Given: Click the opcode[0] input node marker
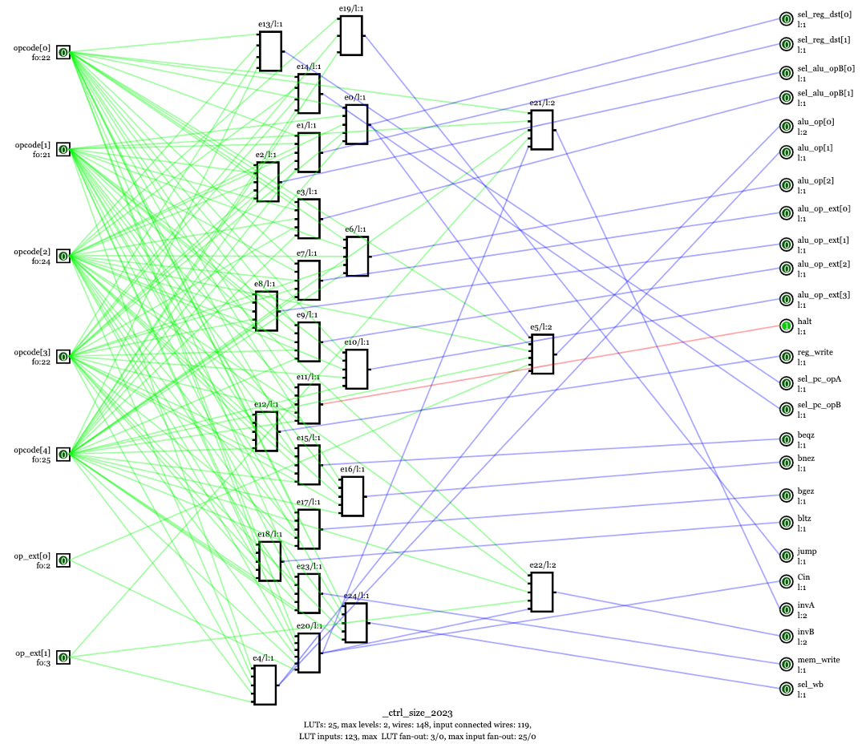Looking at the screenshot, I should pyautogui.click(x=63, y=52).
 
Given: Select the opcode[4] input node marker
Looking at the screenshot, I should pyautogui.click(x=63, y=454).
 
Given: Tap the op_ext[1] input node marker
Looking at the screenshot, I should pyautogui.click(x=63, y=657).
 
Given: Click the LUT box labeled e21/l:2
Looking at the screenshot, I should pyautogui.click(x=541, y=130).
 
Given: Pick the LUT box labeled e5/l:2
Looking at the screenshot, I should pyautogui.click(x=541, y=354).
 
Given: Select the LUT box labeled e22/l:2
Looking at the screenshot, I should pyautogui.click(x=541, y=592).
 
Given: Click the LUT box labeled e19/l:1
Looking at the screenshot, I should pyautogui.click(x=350, y=35).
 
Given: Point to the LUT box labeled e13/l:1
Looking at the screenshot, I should pyautogui.click(x=270, y=51).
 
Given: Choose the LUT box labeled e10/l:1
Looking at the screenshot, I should pyautogui.click(x=356, y=369).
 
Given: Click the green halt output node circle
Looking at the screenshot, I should pyautogui.click(x=787, y=325).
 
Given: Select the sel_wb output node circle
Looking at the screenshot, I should pyautogui.click(x=787, y=689).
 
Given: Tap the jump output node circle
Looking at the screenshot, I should pyautogui.click(x=787, y=556).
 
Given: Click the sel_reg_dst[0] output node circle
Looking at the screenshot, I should pyautogui.click(x=787, y=18).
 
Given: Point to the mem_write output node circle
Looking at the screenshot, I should pyautogui.click(x=787, y=664).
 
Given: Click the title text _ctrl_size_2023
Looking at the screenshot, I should pyautogui.click(x=417, y=713).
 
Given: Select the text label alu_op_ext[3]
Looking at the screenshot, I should pyautogui.click(x=824, y=295).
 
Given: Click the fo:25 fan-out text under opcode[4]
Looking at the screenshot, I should pyautogui.click(x=41, y=460).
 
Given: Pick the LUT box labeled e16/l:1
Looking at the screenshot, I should pyautogui.click(x=351, y=496).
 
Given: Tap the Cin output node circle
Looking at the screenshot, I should pyautogui.click(x=787, y=581).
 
